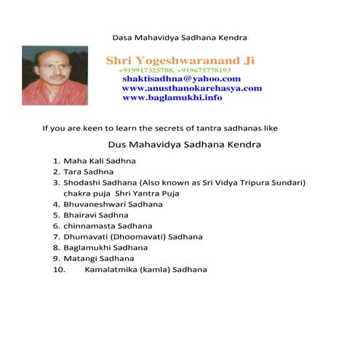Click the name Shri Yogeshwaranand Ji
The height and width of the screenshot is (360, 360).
(x=180, y=60)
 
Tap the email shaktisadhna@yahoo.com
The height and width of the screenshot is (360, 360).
(x=182, y=79)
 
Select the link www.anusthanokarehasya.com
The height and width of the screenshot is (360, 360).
(x=192, y=88)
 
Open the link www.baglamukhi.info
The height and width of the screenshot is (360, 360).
(x=172, y=97)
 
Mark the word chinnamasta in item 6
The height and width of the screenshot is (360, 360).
(x=87, y=226)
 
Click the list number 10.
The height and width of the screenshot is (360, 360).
(x=60, y=270)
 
